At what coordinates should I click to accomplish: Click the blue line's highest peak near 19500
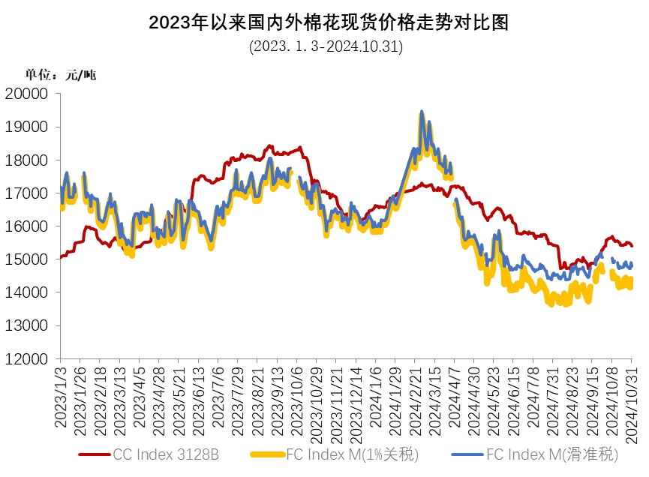point(422,112)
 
